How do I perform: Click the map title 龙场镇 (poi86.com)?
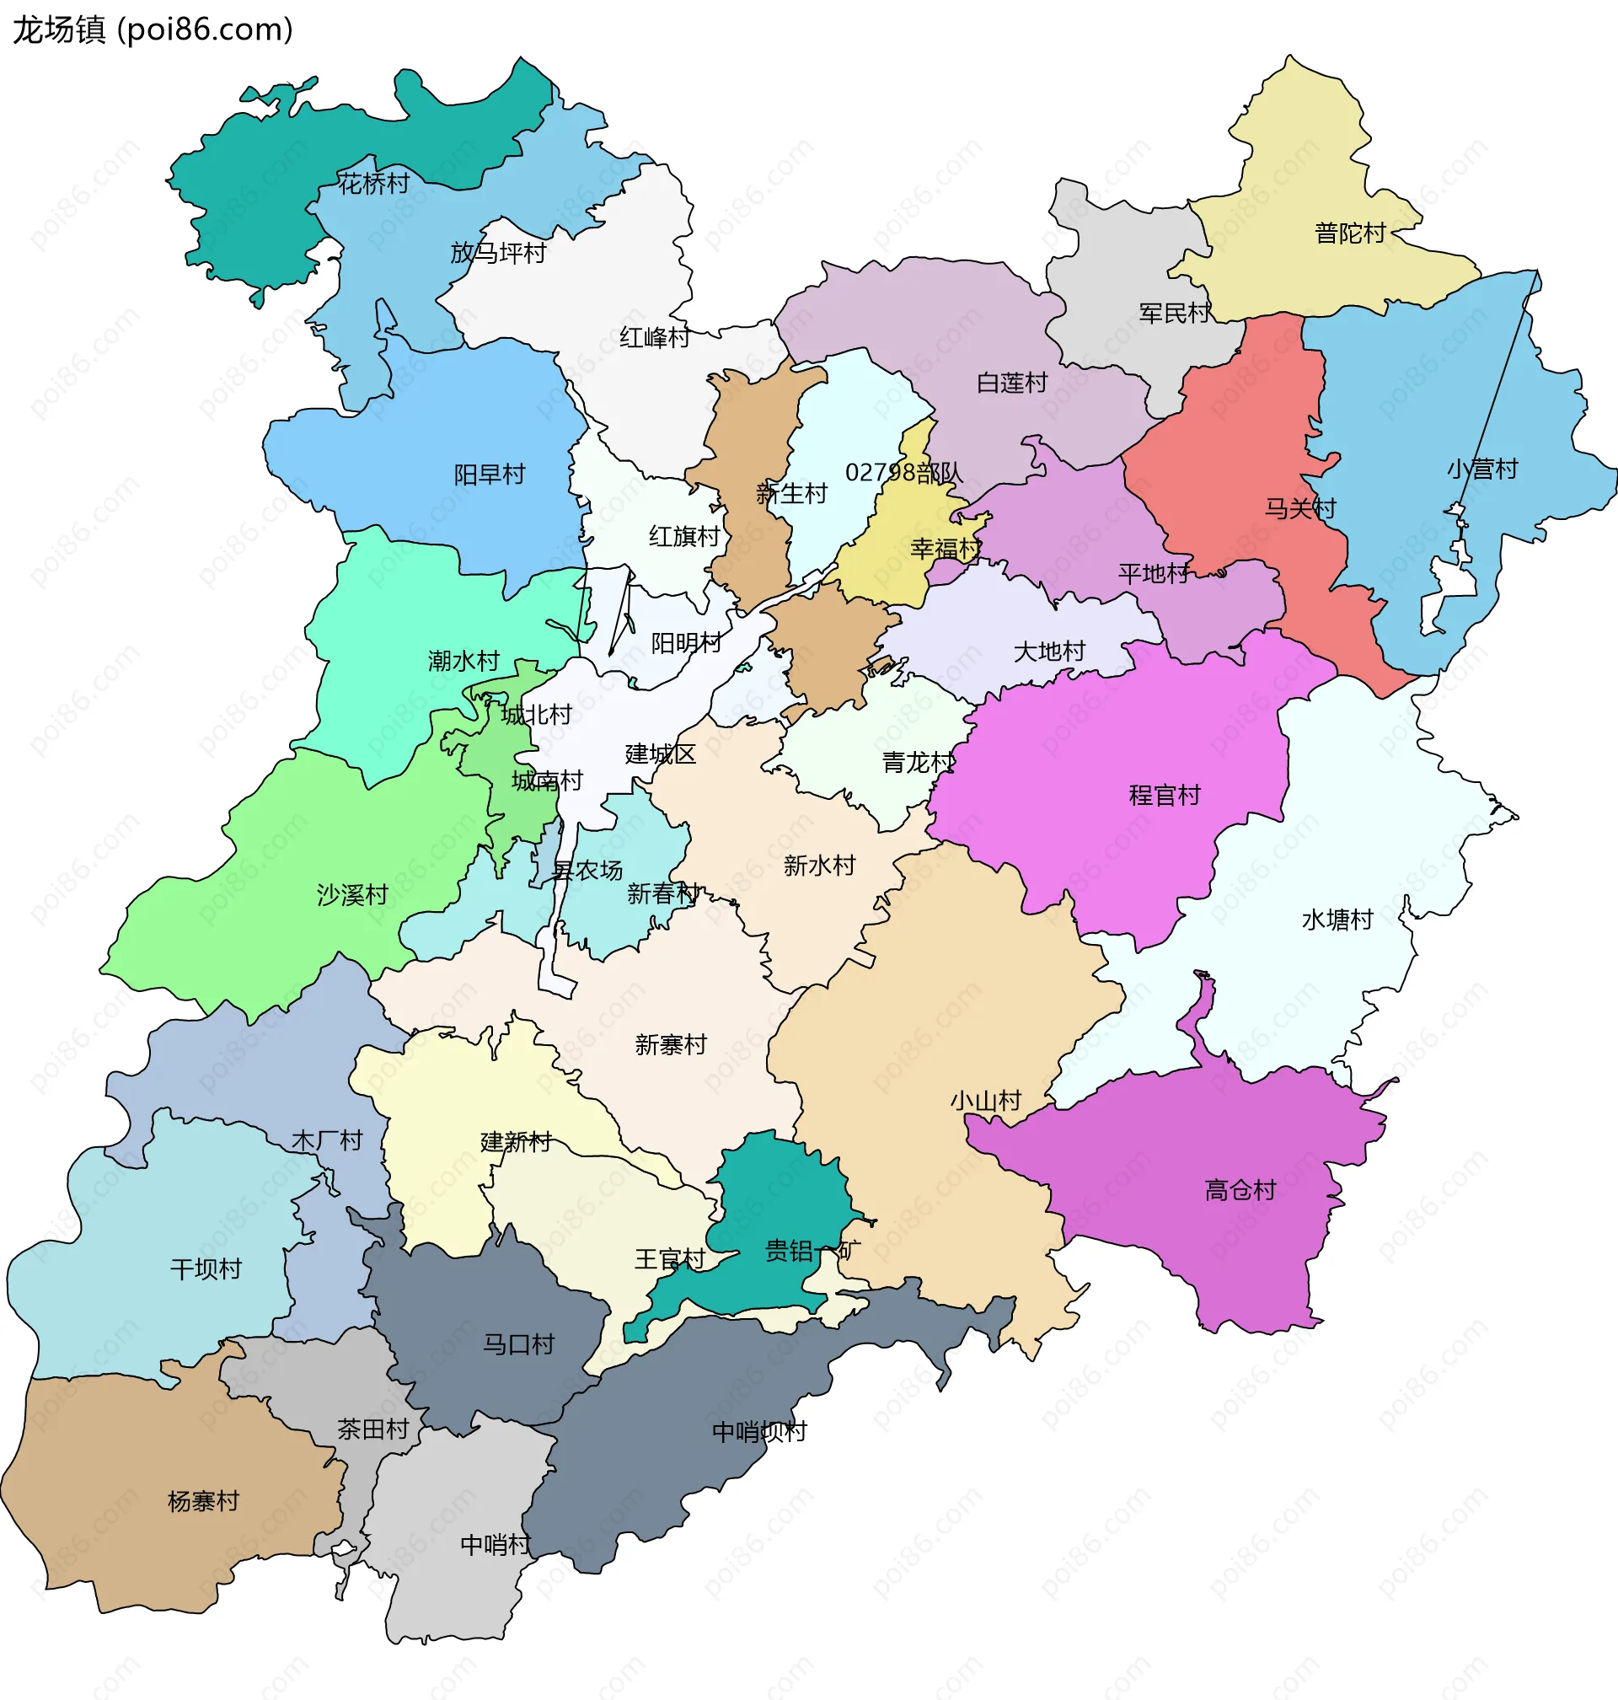coord(153,30)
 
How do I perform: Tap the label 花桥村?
coord(373,184)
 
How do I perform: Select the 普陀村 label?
coord(1349,233)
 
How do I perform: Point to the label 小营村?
coord(1481,469)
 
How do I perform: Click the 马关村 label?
coord(1299,508)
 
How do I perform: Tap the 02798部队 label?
coord(903,473)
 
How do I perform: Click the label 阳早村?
coord(489,475)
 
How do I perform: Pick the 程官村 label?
coord(1165,796)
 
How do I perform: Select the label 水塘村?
coord(1337,920)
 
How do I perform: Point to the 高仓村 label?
coord(1240,1191)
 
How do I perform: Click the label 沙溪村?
coord(352,895)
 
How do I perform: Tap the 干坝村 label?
coord(206,1269)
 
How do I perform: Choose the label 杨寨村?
coord(203,1502)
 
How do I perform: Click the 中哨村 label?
coord(495,1545)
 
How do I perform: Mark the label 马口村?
coord(517,1344)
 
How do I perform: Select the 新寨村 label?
coord(670,1045)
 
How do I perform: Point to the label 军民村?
coord(1174,313)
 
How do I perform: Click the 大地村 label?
coord(1049,652)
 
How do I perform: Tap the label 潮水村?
coord(463,661)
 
